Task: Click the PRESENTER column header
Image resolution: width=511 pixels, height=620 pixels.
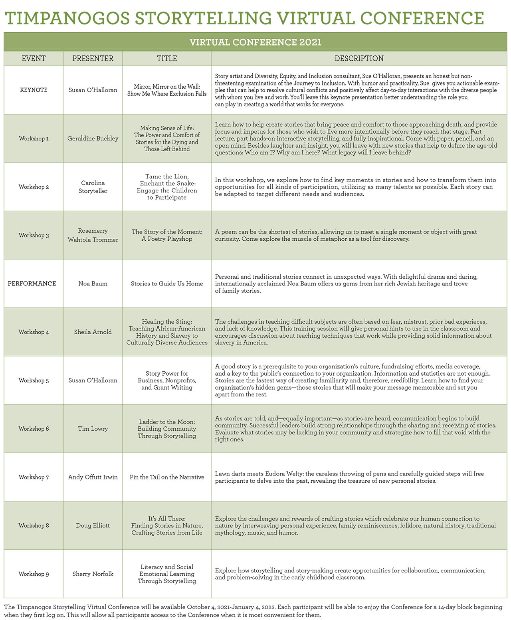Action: pos(93,59)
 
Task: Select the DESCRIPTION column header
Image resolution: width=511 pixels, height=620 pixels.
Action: pos(359,59)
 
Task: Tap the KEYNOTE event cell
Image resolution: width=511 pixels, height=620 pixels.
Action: pos(34,90)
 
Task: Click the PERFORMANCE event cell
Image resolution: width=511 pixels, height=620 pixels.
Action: pos(32,283)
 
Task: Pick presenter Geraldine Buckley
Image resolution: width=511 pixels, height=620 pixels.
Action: pos(93,139)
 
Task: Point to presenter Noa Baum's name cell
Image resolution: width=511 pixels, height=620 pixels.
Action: pos(93,283)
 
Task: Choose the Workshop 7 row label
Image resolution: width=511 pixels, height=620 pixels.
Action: pos(34,477)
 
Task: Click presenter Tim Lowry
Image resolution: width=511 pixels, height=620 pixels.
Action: pos(93,429)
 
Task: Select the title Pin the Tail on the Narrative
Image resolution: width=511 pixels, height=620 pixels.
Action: pos(167,477)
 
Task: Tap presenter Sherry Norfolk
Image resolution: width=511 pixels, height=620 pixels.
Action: pos(93,574)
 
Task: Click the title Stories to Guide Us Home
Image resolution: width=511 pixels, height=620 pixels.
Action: pos(167,283)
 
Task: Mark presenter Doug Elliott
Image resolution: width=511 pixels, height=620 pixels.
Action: pos(93,525)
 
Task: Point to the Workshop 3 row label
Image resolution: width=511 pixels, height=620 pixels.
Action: pos(34,235)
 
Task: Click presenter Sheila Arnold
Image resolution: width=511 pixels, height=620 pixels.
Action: pos(93,332)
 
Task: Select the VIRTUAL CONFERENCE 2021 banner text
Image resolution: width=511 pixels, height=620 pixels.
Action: pos(255,42)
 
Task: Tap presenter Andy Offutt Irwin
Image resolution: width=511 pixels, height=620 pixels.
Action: pos(93,477)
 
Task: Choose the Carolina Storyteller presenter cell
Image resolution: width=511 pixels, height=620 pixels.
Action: pos(93,187)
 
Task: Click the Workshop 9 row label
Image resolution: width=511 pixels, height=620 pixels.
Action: pos(34,574)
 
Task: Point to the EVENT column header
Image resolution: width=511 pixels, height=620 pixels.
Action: pos(34,59)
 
